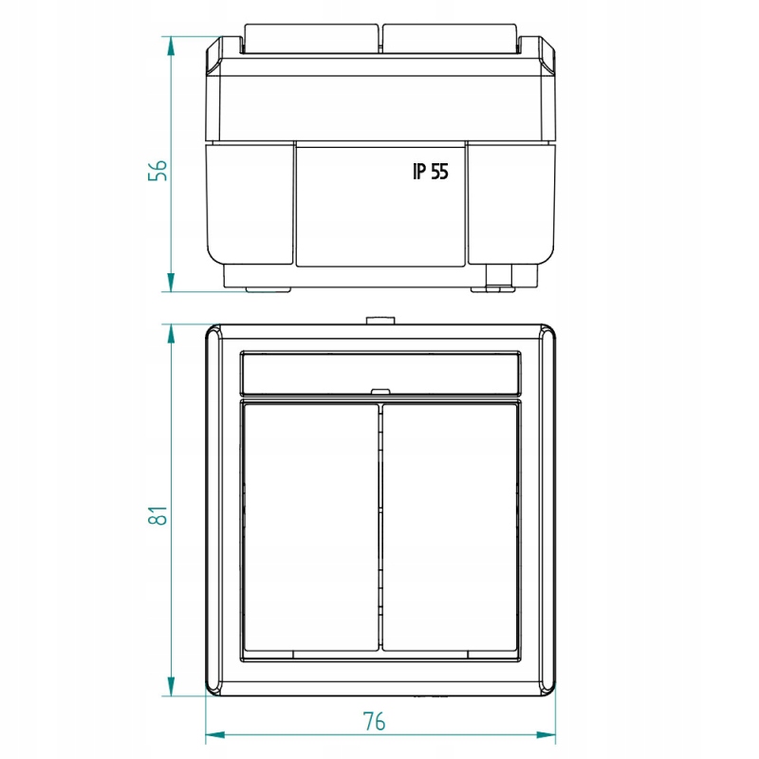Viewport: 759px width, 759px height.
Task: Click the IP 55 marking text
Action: click(431, 172)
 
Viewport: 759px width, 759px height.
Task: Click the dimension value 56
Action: click(157, 171)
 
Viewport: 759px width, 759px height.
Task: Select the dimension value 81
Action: click(157, 515)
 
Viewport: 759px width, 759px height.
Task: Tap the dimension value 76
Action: click(374, 721)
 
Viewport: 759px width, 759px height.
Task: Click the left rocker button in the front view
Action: click(311, 528)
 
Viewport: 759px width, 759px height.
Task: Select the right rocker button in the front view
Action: click(450, 528)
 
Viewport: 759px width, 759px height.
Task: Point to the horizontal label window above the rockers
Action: click(380, 373)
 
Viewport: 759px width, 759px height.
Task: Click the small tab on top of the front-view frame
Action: click(380, 321)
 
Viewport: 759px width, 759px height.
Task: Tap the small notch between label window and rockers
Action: click(380, 391)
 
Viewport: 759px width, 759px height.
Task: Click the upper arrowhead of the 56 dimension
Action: click(171, 46)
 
